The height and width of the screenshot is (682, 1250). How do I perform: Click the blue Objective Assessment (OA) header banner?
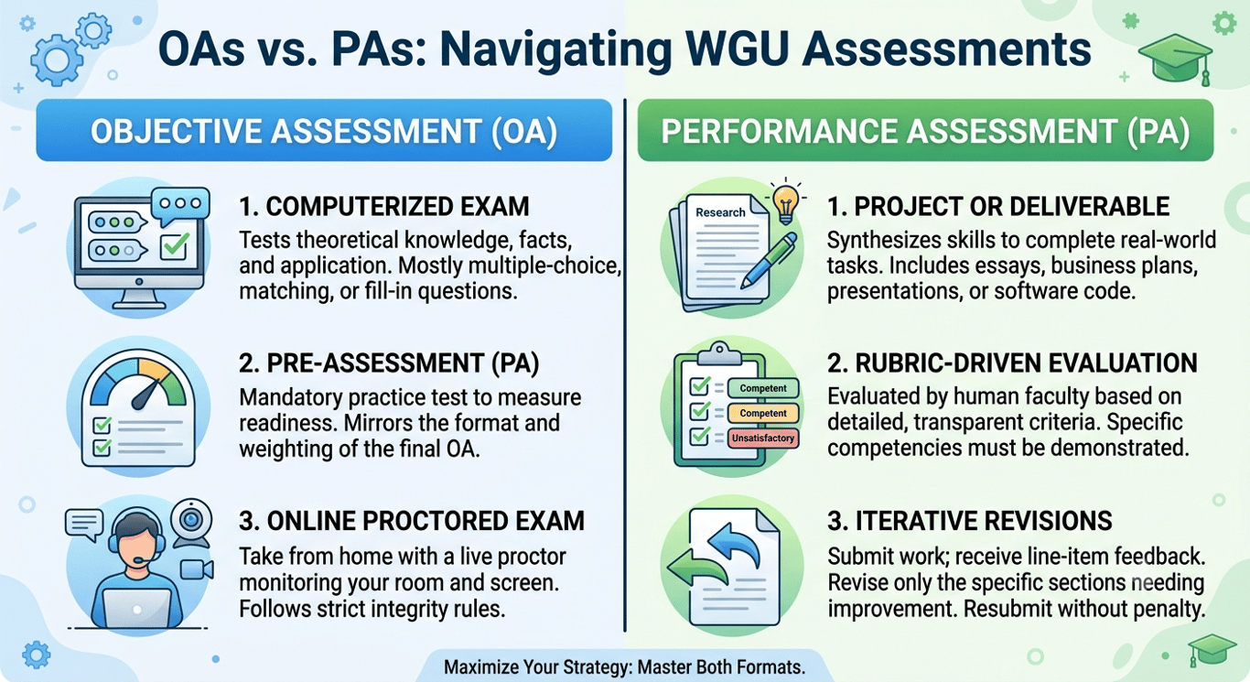(324, 130)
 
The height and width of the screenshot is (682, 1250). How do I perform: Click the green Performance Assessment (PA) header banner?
(925, 130)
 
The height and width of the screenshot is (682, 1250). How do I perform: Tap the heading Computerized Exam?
(384, 207)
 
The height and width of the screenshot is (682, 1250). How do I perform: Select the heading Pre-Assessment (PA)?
(389, 363)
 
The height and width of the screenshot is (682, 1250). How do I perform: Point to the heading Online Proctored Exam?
(412, 521)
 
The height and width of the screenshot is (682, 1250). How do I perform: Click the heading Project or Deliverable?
(998, 207)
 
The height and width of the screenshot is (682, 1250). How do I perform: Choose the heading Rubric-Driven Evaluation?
(1012, 363)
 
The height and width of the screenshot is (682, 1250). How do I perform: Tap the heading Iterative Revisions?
(970, 521)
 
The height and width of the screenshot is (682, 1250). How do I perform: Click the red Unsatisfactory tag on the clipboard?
(763, 438)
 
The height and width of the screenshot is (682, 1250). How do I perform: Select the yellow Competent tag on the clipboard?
(763, 413)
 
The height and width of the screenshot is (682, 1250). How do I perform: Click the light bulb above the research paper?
(786, 202)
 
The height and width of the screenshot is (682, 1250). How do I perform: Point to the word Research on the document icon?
(720, 212)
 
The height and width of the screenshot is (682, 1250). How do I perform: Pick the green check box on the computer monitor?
(174, 246)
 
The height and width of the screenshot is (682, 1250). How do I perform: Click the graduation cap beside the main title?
(1176, 60)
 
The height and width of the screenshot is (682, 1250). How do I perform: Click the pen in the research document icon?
(769, 260)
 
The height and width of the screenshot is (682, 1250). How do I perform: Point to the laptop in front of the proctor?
(137, 608)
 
